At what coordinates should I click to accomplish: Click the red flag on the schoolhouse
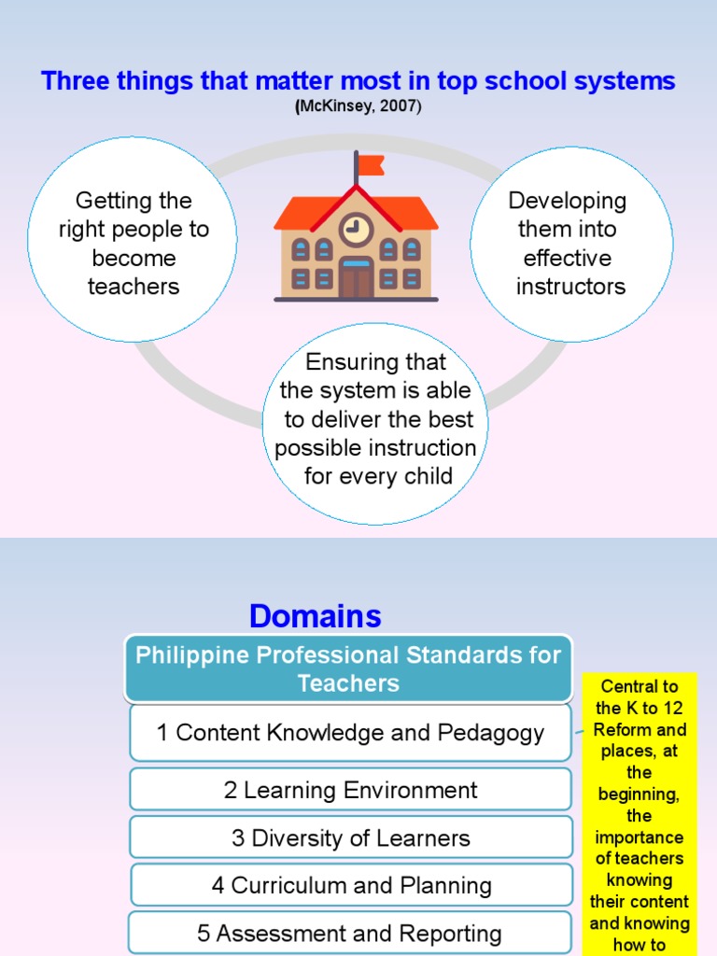[x=371, y=166]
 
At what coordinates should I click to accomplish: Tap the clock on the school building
[x=356, y=227]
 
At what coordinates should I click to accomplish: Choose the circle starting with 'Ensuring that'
[x=376, y=420]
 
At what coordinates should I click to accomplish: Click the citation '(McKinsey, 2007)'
[x=358, y=107]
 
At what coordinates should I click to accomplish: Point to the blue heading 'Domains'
[x=315, y=616]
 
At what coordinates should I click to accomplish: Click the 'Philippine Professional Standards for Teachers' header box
[x=348, y=668]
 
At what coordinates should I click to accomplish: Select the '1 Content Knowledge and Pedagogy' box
[x=350, y=733]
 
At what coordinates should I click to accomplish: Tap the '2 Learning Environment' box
[x=350, y=790]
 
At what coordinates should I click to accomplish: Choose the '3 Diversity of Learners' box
[x=350, y=837]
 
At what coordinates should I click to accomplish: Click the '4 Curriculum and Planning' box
[x=350, y=885]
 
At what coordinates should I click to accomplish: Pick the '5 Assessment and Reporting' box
[x=350, y=933]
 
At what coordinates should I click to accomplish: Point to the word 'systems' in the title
[x=630, y=81]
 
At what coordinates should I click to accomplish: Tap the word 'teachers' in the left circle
[x=133, y=287]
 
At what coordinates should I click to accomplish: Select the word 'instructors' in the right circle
[x=570, y=287]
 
